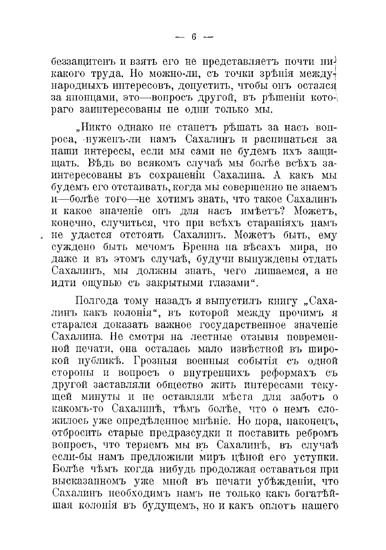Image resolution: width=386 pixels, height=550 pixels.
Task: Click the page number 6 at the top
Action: coord(193,37)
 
